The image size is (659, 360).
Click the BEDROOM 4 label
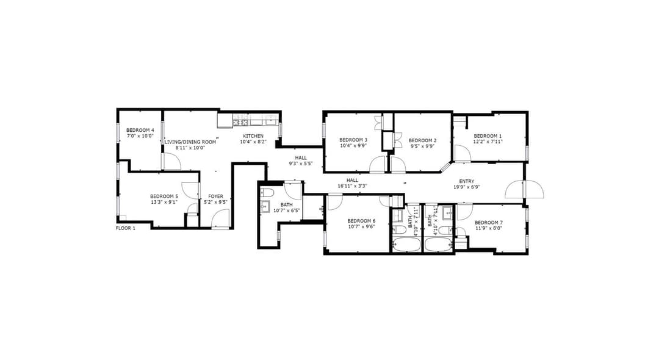pyautogui.click(x=140, y=130)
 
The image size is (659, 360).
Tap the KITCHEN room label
pyautogui.click(x=253, y=136)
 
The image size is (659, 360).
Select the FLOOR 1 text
pyautogui.click(x=125, y=228)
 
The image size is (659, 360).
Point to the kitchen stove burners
pyautogui.click(x=241, y=123)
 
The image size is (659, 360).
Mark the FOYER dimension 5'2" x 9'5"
pyautogui.click(x=215, y=202)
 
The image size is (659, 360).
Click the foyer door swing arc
pyautogui.click(x=220, y=219)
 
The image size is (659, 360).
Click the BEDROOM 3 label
pyautogui.click(x=353, y=140)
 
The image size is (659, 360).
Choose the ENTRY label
pyautogui.click(x=467, y=181)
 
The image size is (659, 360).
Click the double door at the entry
pyautogui.click(x=525, y=189)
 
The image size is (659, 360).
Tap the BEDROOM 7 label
pyautogui.click(x=488, y=223)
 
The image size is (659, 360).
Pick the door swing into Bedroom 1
pyautogui.click(x=463, y=153)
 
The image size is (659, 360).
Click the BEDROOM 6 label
pyautogui.click(x=361, y=221)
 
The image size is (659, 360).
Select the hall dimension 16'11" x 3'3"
pyautogui.click(x=352, y=186)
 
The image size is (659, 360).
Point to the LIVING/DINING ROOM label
pyautogui.click(x=190, y=142)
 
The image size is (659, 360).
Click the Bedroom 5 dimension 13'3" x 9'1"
pyautogui.click(x=164, y=202)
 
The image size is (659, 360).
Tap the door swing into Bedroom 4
pyautogui.click(x=172, y=161)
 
